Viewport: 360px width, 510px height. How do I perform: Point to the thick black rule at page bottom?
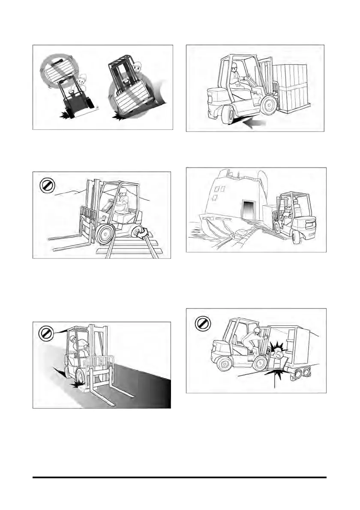pos(180,477)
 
